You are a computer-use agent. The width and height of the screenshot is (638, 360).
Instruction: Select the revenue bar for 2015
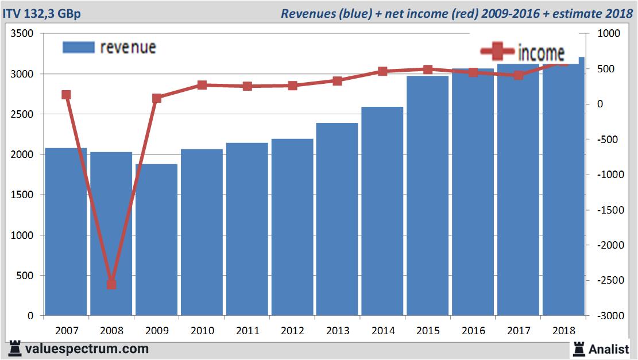(x=428, y=195)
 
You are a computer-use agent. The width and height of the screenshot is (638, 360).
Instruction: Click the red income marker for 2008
(x=111, y=284)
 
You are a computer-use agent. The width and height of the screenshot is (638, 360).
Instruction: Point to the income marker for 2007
(x=66, y=95)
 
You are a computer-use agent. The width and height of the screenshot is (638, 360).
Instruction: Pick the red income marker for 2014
(x=382, y=71)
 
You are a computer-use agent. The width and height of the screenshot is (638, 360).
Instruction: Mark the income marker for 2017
(x=519, y=75)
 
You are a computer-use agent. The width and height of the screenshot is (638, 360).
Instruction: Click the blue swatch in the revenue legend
(x=78, y=47)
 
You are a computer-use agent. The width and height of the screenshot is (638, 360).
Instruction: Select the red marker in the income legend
(x=497, y=52)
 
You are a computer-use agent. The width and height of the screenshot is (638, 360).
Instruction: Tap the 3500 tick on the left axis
(x=23, y=34)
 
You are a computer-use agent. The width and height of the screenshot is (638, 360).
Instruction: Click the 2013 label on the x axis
(x=337, y=331)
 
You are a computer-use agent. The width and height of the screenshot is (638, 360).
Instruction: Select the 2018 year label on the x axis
(x=563, y=331)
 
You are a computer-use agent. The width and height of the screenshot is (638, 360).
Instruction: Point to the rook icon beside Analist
(x=578, y=349)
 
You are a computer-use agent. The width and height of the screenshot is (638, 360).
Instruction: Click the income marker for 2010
(x=202, y=85)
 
